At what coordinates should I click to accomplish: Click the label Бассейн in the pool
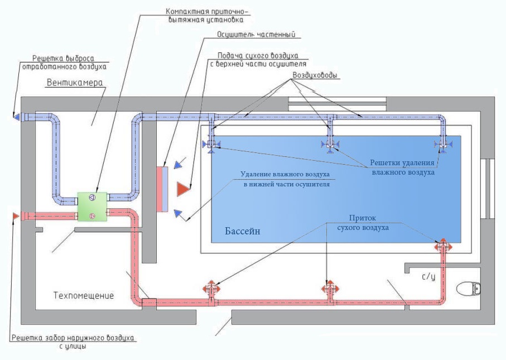[x=243, y=231]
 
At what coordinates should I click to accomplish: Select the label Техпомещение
[x=84, y=295]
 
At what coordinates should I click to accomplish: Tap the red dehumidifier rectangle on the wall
[x=162, y=189]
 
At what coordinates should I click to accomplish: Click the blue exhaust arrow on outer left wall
[x=16, y=117]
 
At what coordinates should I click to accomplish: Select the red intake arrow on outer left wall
[x=15, y=215]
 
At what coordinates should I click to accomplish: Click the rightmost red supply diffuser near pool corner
[x=443, y=246]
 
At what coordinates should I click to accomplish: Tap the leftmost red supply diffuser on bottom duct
[x=211, y=289]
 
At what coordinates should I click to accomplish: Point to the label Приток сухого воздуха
[x=367, y=223]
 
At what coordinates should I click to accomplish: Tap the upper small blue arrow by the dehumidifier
[x=177, y=165]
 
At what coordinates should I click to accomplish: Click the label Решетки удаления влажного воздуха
[x=403, y=167]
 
